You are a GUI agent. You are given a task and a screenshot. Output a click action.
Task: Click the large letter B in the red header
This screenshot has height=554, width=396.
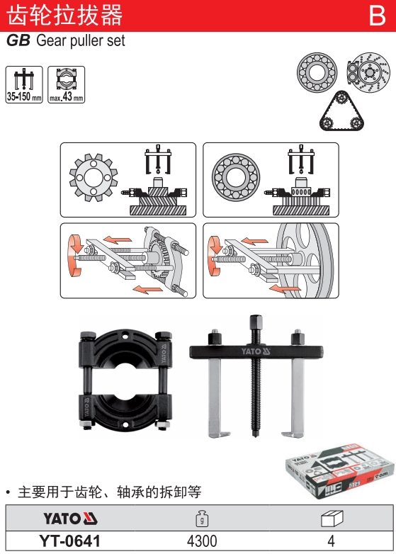coord(378,16)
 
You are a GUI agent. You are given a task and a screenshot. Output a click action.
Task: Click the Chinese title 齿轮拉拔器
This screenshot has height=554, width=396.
coord(64,15)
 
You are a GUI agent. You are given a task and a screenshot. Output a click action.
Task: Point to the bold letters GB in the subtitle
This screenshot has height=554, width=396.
coord(18,40)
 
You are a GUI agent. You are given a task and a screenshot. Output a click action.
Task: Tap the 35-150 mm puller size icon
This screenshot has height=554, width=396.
coord(24,84)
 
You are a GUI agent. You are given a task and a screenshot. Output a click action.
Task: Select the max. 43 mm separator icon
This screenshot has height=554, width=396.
coord(67,84)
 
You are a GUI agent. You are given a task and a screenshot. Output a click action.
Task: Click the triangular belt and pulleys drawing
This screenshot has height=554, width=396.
coord(341,111)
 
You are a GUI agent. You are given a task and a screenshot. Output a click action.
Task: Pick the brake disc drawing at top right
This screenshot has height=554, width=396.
coord(369,72)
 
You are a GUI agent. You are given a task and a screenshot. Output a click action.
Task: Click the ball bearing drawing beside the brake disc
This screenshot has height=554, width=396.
coord(317,72)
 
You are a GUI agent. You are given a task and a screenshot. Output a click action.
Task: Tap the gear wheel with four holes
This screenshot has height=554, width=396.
coord(94,177)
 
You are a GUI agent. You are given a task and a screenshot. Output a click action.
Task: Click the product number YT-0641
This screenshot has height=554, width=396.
coord(70,541)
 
